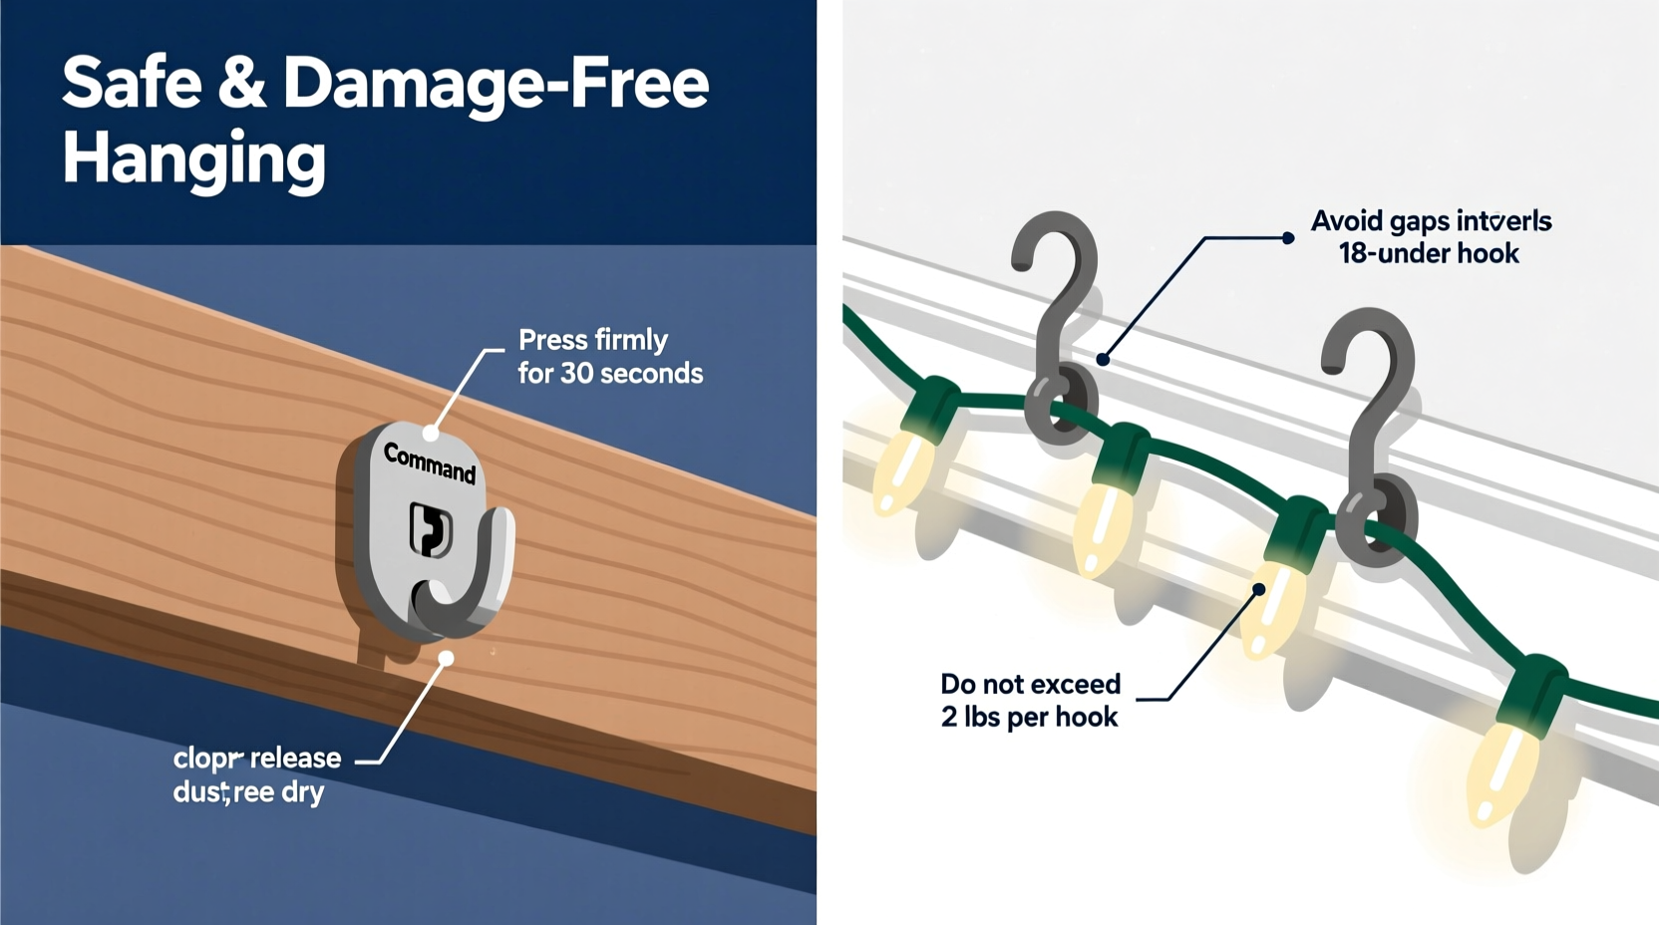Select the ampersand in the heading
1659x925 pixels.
coord(241,83)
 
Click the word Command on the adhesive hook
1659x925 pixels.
coord(430,463)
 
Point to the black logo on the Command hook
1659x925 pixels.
coord(431,529)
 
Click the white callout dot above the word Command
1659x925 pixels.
coord(431,433)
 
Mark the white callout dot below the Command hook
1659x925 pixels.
coord(447,658)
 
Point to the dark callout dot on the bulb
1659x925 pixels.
coord(1259,590)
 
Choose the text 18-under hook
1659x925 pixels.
coord(1428,254)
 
